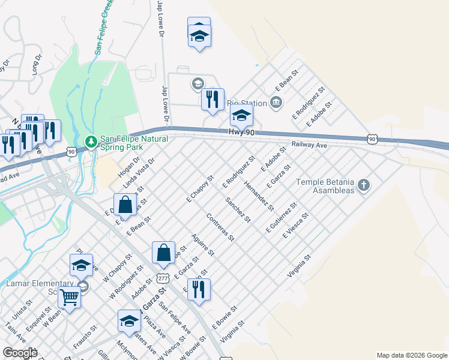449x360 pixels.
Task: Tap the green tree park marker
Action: [x=91, y=142]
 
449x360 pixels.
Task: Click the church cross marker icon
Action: [x=363, y=185]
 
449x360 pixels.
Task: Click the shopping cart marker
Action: [x=70, y=296]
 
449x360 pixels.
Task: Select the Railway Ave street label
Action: [x=309, y=145]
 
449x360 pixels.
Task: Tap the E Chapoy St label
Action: [x=200, y=189]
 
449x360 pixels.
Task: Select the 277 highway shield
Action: [x=162, y=278]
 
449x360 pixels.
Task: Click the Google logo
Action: [x=20, y=353]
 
